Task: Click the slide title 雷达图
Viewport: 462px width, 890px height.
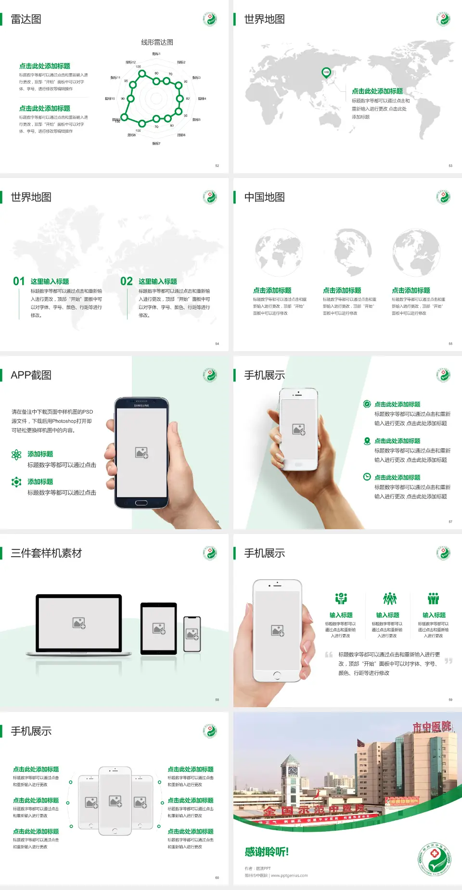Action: coord(26,19)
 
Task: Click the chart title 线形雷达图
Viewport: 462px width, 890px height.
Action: coord(157,42)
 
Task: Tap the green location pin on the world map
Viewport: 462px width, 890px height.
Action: coord(326,72)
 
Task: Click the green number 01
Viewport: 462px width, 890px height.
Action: coord(19,281)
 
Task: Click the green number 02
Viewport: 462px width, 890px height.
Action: coord(126,281)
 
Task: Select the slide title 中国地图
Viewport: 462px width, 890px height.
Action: coord(264,197)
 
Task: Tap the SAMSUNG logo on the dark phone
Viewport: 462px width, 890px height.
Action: coord(141,406)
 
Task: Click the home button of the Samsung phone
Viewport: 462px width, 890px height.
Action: coord(141,503)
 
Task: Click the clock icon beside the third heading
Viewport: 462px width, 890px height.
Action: coord(367,477)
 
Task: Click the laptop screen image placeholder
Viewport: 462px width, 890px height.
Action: coord(79,623)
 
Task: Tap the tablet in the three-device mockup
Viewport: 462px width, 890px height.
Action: coord(159,628)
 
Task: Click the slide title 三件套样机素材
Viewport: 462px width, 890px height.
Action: coord(46,553)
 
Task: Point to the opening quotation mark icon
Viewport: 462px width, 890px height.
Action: coord(329,654)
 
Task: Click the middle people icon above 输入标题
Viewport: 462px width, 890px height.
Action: coord(389,598)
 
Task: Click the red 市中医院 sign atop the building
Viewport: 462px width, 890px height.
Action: coord(432,727)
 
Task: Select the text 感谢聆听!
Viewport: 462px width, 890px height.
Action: coord(267,852)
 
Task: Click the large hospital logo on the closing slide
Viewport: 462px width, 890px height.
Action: coord(434,859)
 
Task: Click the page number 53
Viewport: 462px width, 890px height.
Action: coord(450,165)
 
